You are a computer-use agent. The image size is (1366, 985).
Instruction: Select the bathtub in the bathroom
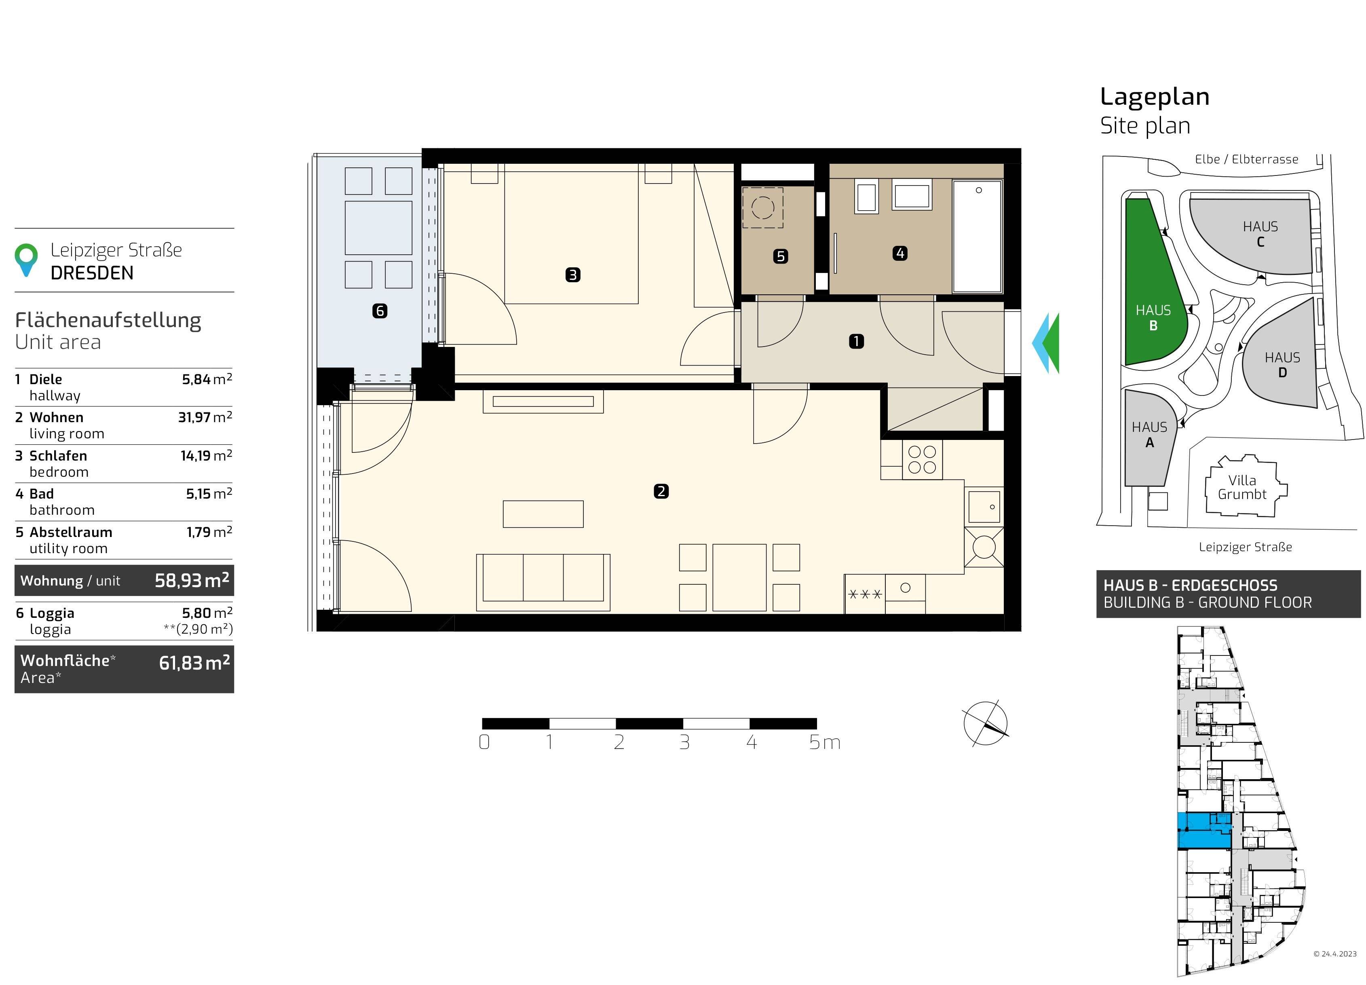(x=977, y=237)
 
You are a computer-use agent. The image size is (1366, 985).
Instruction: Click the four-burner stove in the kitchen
(x=922, y=460)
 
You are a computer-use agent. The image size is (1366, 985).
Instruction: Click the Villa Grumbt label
(x=1242, y=487)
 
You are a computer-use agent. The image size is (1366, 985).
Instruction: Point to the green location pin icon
(x=26, y=259)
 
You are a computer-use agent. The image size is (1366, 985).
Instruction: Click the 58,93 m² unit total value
(x=192, y=580)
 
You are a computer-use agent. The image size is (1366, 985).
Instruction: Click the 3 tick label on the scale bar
(x=684, y=742)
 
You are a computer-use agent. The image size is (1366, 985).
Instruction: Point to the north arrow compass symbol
(x=985, y=723)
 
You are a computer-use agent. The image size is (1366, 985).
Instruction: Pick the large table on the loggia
(x=378, y=228)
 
